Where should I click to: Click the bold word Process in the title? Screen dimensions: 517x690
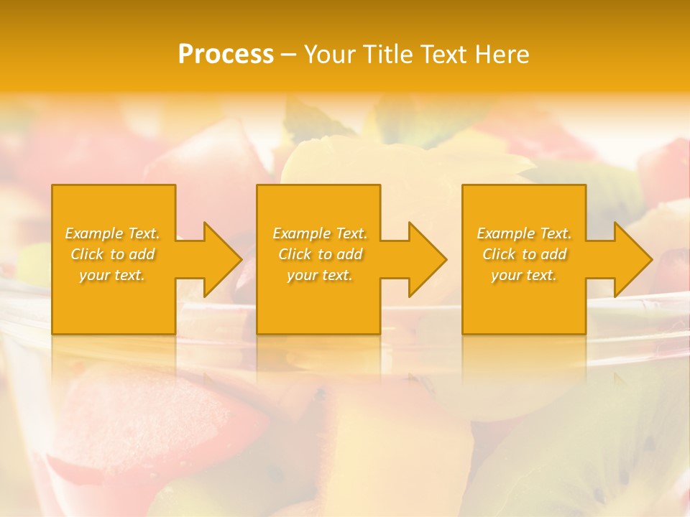click(x=226, y=55)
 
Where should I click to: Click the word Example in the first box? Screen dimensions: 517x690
click(x=94, y=233)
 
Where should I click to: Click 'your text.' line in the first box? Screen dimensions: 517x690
click(x=112, y=275)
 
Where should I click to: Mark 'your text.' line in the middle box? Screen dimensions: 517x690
click(x=319, y=275)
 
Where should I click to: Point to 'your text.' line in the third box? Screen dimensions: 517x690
click(x=523, y=275)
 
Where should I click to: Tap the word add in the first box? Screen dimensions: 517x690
click(x=142, y=254)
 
